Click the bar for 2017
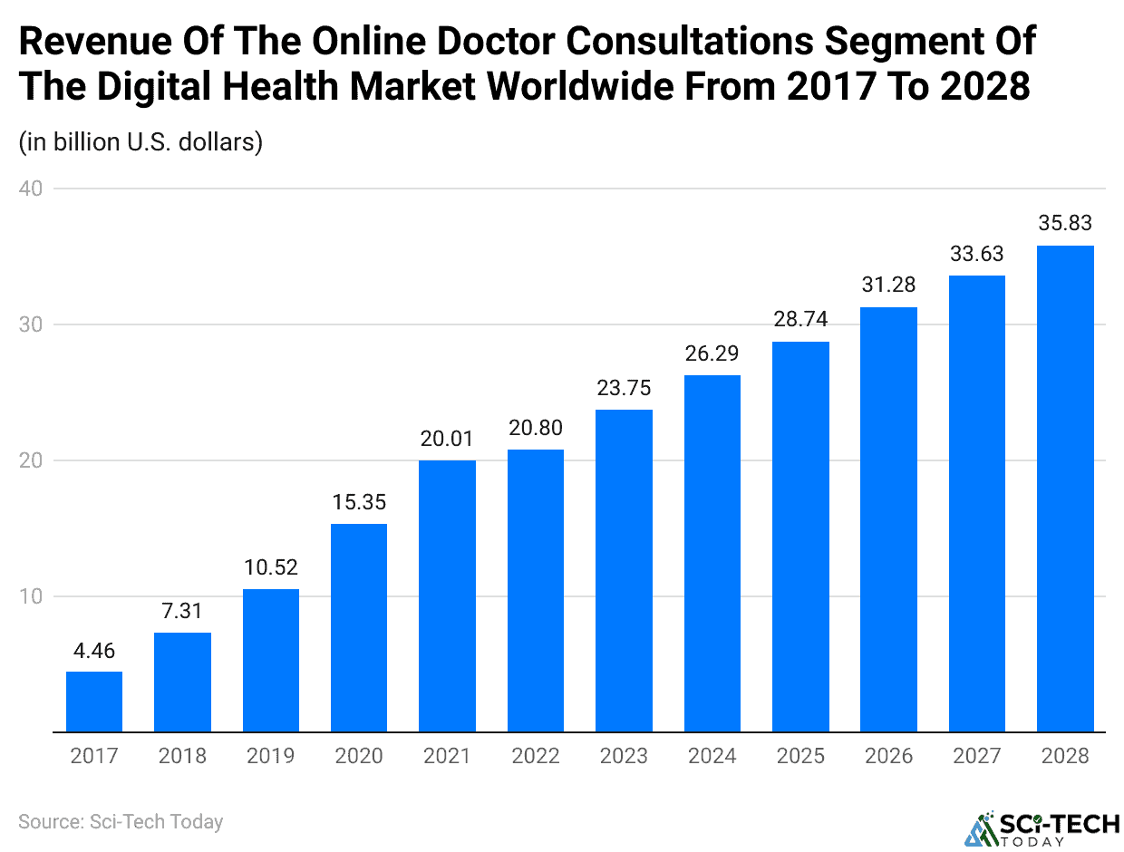[x=94, y=702]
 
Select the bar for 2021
[x=447, y=595]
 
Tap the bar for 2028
[x=1065, y=489]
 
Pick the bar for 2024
[x=712, y=553]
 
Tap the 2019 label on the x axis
[x=271, y=756]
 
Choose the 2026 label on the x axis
[x=888, y=756]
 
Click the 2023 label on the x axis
[x=624, y=756]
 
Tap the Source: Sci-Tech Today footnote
[x=121, y=822]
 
